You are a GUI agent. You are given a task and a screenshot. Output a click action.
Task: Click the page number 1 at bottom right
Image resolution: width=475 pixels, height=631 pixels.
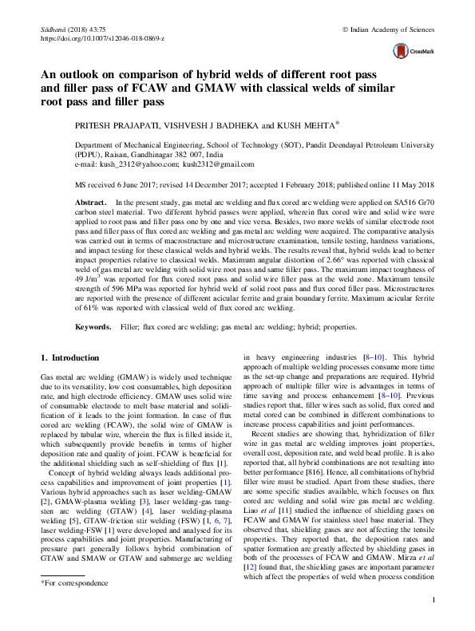tap(431, 621)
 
